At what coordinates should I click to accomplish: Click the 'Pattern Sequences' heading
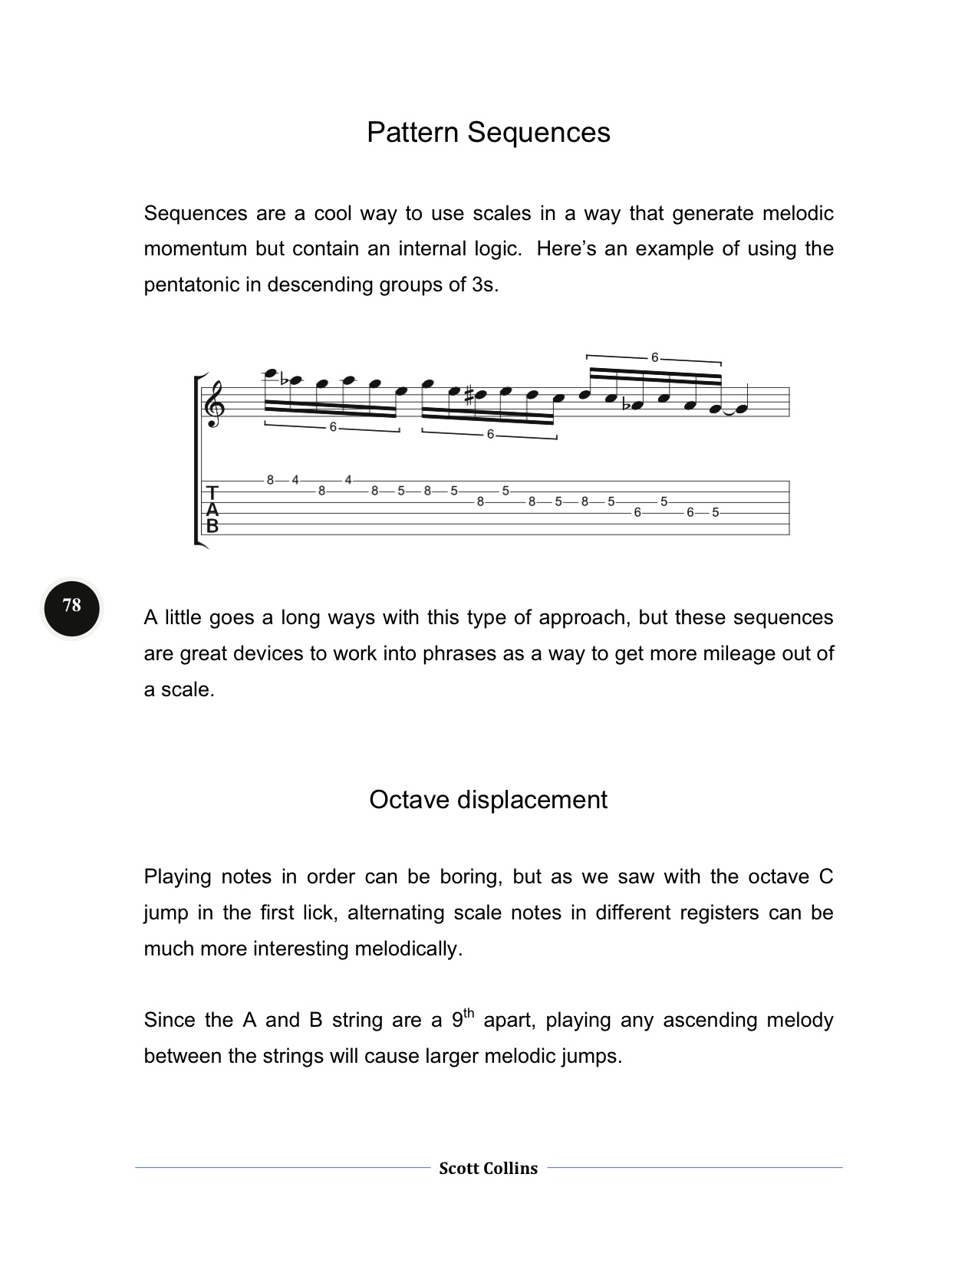[488, 133]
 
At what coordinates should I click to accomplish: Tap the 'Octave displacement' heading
[488, 800]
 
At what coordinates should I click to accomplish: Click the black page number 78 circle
[72, 606]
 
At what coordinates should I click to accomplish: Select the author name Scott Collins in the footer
[488, 1169]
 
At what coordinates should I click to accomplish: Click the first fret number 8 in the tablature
[270, 481]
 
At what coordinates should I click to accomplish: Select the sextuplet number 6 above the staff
[654, 357]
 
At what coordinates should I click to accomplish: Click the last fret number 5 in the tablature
[715, 513]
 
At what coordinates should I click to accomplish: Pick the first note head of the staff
[269, 373]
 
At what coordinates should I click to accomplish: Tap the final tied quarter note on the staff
[741, 408]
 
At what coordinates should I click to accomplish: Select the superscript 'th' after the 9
[469, 1013]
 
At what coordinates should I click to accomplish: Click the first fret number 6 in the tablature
[637, 513]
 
